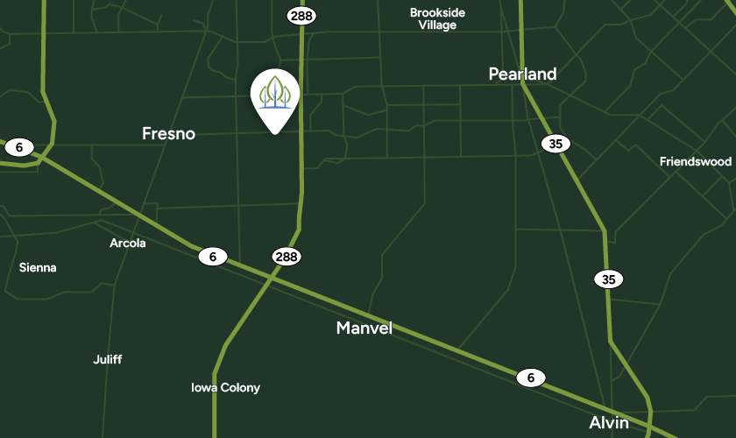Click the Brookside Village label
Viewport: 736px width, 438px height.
pyautogui.click(x=437, y=18)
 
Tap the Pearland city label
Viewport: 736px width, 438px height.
pyautogui.click(x=522, y=74)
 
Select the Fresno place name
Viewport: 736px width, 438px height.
pyautogui.click(x=168, y=134)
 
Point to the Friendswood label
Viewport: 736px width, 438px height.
pyautogui.click(x=695, y=161)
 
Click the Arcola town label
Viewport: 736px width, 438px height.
pyautogui.click(x=128, y=243)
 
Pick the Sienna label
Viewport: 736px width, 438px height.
pyautogui.click(x=38, y=267)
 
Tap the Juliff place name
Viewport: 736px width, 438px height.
pyautogui.click(x=108, y=359)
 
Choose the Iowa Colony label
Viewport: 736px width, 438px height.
pyautogui.click(x=225, y=387)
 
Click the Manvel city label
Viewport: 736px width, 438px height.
pyautogui.click(x=364, y=328)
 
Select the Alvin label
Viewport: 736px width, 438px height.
pyautogui.click(x=609, y=422)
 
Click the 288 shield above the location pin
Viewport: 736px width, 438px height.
pyautogui.click(x=301, y=15)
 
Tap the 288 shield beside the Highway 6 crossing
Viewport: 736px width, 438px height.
pyautogui.click(x=286, y=257)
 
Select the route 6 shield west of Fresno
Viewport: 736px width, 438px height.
pyautogui.click(x=18, y=147)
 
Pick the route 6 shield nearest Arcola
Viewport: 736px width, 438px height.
pyautogui.click(x=212, y=257)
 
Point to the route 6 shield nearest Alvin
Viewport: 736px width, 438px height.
pyautogui.click(x=530, y=378)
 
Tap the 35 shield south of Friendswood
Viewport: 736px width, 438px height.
pyautogui.click(x=609, y=279)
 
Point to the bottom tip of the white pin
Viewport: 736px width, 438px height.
pyautogui.click(x=274, y=133)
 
